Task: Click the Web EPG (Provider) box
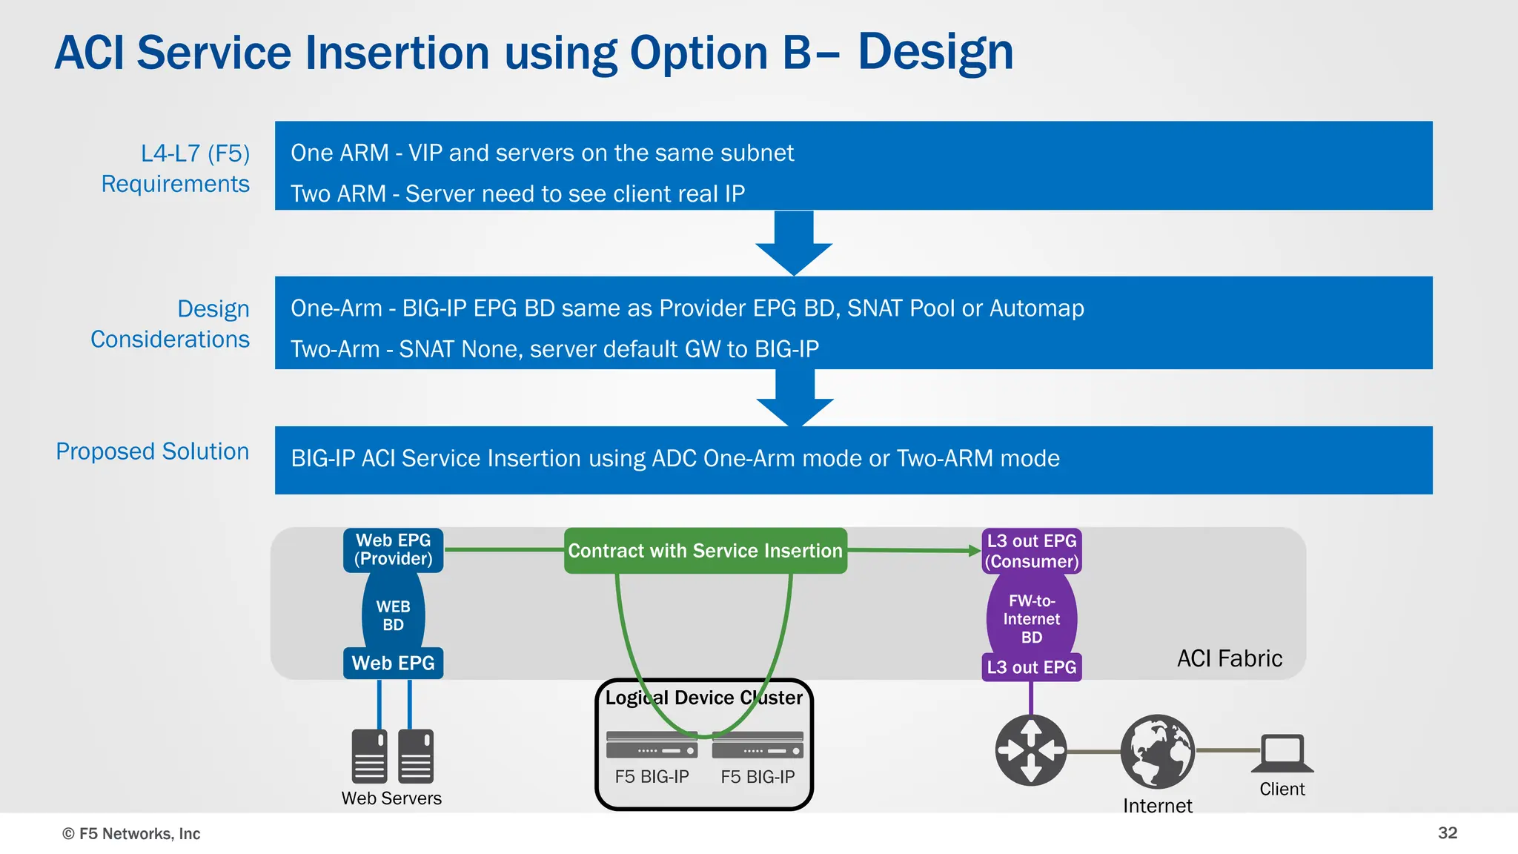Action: (x=393, y=549)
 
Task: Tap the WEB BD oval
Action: (x=393, y=615)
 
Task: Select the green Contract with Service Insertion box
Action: (x=705, y=551)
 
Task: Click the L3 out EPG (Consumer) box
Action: (x=1031, y=551)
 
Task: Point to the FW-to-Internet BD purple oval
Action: (x=1031, y=618)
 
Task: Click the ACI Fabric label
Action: (x=1229, y=658)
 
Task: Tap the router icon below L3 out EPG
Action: (x=1030, y=749)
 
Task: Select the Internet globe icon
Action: (x=1157, y=751)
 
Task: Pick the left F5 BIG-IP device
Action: (x=652, y=745)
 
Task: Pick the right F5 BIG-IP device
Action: (x=758, y=745)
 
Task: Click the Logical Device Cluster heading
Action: (x=703, y=698)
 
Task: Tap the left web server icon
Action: (x=369, y=756)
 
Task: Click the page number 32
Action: (x=1447, y=833)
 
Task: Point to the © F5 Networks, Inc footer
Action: (x=131, y=833)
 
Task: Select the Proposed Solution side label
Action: (x=153, y=451)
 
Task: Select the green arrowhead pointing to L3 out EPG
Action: (x=974, y=550)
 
